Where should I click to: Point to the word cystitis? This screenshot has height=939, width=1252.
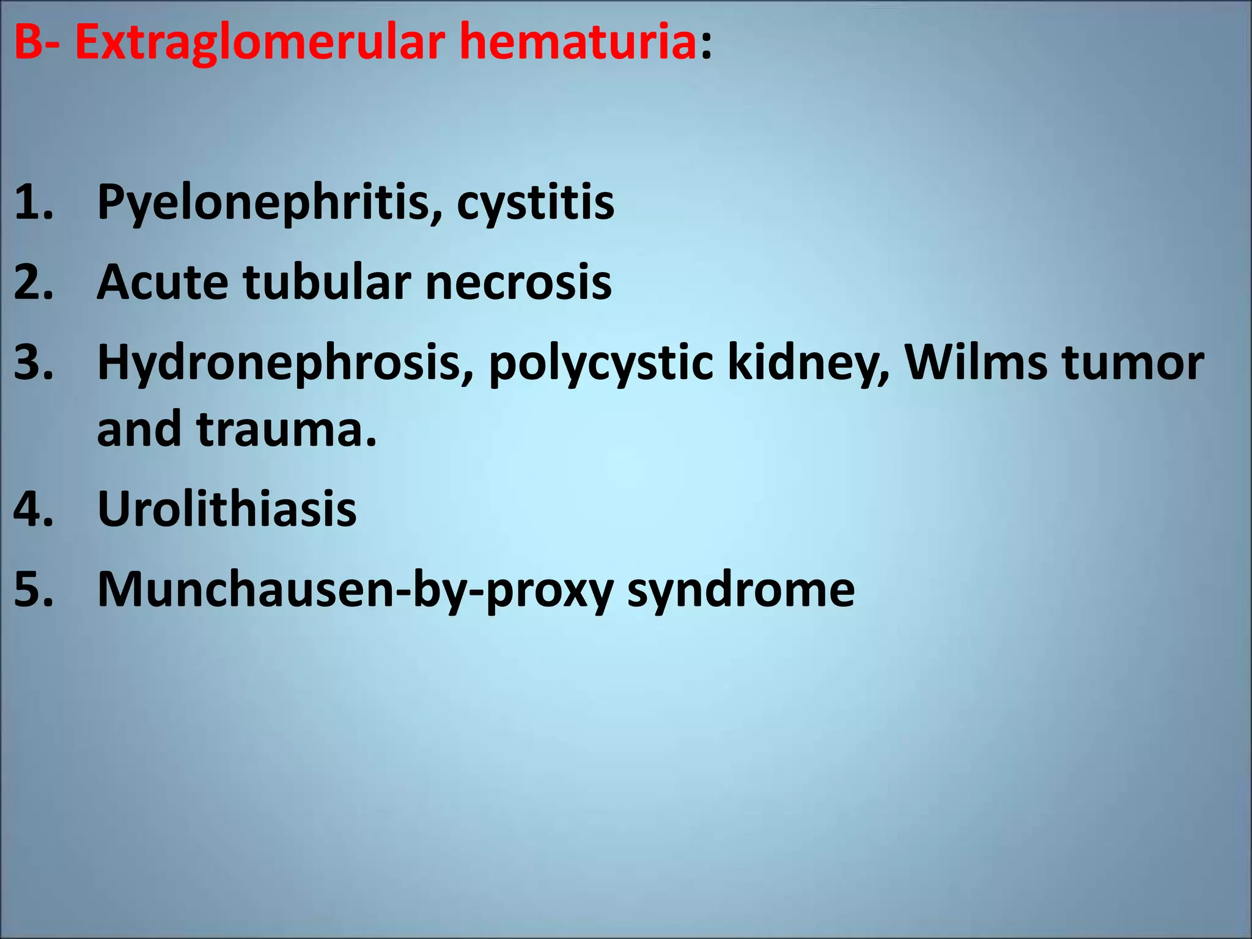(x=535, y=203)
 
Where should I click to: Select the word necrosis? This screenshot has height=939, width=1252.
(x=518, y=282)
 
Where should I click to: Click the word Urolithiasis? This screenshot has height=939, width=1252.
(x=227, y=509)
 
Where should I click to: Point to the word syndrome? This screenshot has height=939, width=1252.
(x=741, y=591)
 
